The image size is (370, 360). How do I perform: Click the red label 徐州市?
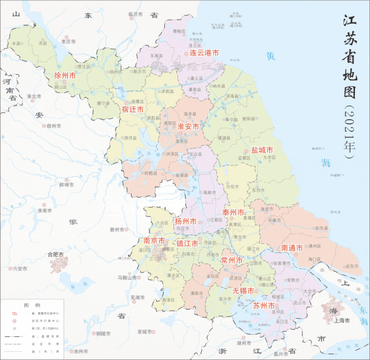click(65, 76)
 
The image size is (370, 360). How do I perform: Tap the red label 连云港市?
click(204, 53)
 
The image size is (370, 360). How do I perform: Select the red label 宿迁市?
click(132, 109)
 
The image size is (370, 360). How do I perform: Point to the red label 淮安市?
click(188, 126)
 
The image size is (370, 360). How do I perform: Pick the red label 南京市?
click(154, 240)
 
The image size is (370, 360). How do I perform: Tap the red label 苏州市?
click(264, 305)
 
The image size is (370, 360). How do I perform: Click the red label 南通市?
click(292, 248)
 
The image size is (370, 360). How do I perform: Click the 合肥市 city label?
click(55, 254)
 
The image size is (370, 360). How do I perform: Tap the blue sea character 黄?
click(269, 56)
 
